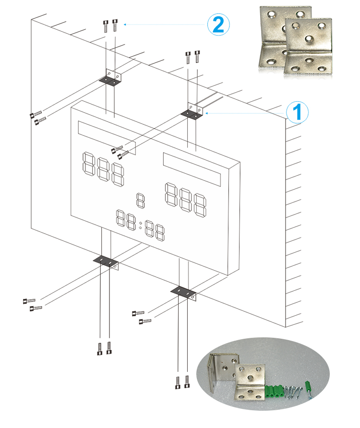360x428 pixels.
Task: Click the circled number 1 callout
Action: point(298,112)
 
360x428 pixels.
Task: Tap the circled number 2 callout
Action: point(218,24)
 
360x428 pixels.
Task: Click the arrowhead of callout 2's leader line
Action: point(125,24)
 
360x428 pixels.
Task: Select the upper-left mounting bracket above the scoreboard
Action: point(112,78)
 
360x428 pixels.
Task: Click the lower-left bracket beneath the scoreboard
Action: point(106,261)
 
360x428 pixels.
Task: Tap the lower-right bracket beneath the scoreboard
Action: point(183,292)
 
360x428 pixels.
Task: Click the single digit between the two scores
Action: point(141,200)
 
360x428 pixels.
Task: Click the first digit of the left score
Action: point(88,164)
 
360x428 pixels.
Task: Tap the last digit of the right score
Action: point(201,205)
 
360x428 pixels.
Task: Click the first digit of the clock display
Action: point(120,218)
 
